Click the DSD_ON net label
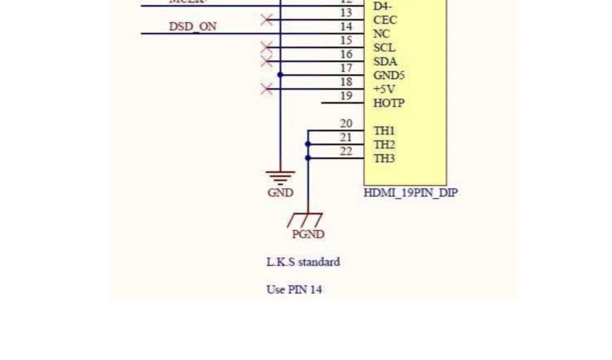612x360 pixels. (x=193, y=27)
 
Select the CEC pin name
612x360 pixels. (x=385, y=20)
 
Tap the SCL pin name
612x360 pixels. (x=384, y=48)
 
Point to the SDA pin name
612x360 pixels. (x=385, y=62)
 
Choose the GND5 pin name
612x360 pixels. (x=389, y=75)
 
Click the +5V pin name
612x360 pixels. (x=384, y=89)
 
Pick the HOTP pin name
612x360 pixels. (x=389, y=103)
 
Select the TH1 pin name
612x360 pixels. (x=384, y=131)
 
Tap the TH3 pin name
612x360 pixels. (x=384, y=158)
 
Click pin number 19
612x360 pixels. (x=346, y=96)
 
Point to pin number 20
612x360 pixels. (x=346, y=124)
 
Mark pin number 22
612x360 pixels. (x=346, y=151)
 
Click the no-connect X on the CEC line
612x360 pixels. (x=266, y=20)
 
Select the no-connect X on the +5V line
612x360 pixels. (x=266, y=89)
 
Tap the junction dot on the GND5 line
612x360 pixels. (x=280, y=75)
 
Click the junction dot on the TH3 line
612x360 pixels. (x=308, y=158)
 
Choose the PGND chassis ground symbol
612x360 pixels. (x=305, y=220)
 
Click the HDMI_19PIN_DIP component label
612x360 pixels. (x=410, y=193)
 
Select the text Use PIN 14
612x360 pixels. (x=294, y=289)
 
